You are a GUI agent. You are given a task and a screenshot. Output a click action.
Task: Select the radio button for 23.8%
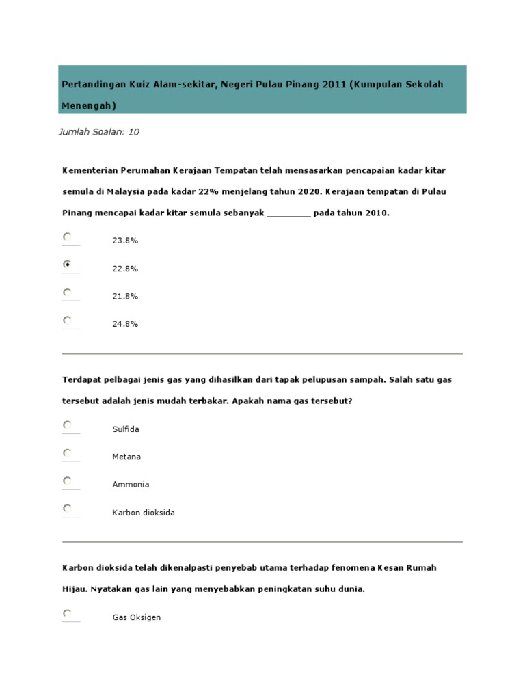point(67,237)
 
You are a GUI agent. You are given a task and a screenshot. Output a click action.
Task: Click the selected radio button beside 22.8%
point(67,264)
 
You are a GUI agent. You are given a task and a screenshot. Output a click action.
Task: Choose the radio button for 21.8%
point(67,292)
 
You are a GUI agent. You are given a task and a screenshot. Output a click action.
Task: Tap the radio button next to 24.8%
point(67,319)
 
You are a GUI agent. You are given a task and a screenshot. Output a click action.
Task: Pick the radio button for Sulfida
point(67,425)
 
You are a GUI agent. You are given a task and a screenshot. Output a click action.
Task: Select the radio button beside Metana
point(67,453)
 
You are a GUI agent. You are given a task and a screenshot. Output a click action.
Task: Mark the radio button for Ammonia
point(67,481)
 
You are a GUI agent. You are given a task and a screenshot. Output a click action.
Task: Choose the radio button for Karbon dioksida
point(67,508)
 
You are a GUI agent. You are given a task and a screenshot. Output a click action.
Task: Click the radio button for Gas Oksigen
point(67,613)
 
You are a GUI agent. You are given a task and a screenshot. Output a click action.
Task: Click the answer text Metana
point(126,457)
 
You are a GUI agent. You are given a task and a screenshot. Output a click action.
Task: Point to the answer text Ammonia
point(131,485)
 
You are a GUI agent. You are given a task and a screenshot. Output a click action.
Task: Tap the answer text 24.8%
point(125,324)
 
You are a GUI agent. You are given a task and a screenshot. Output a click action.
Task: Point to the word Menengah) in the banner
point(89,106)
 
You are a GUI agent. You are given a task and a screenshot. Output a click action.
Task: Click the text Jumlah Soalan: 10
point(99,132)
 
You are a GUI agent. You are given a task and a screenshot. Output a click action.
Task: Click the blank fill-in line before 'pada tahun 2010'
point(288,213)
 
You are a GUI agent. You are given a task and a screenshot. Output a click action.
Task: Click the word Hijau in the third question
point(73,589)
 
